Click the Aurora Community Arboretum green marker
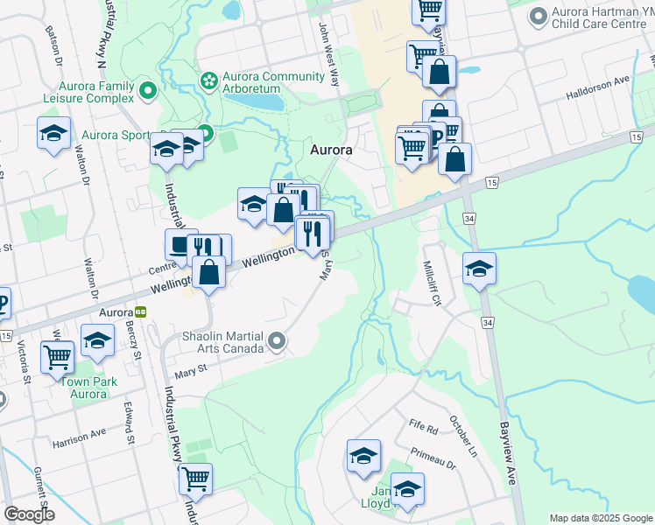(x=209, y=81)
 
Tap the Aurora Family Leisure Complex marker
(x=148, y=89)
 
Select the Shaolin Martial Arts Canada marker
(x=278, y=341)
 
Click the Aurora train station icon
(x=141, y=312)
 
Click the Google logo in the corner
(x=29, y=514)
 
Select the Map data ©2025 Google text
(x=600, y=518)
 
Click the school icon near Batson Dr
(x=54, y=134)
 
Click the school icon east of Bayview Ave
(x=479, y=269)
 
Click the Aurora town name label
(x=332, y=150)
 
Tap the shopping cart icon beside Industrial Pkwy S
(x=196, y=479)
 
